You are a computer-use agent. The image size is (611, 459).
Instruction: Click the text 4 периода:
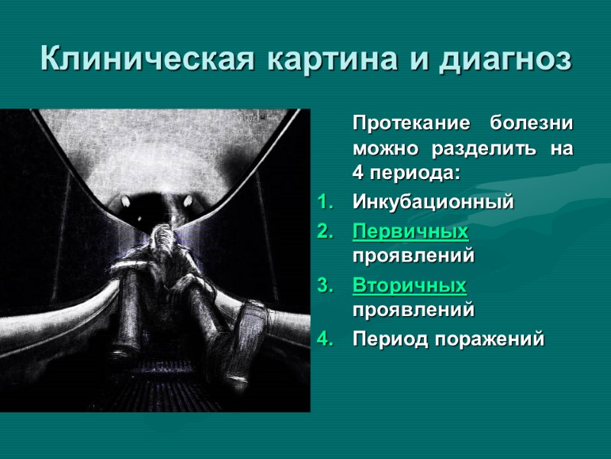click(406, 174)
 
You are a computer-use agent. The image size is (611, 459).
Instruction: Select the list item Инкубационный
click(433, 203)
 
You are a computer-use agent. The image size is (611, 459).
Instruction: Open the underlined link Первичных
click(410, 230)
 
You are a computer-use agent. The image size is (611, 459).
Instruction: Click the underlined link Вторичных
click(409, 285)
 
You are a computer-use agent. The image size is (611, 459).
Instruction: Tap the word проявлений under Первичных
click(413, 255)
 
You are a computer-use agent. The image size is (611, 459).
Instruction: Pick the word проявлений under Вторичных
click(413, 310)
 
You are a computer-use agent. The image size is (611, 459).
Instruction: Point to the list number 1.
click(324, 203)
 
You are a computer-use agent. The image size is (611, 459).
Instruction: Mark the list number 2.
click(324, 230)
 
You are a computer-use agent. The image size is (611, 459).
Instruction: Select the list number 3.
click(324, 285)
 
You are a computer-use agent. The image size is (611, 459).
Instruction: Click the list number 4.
click(324, 338)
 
